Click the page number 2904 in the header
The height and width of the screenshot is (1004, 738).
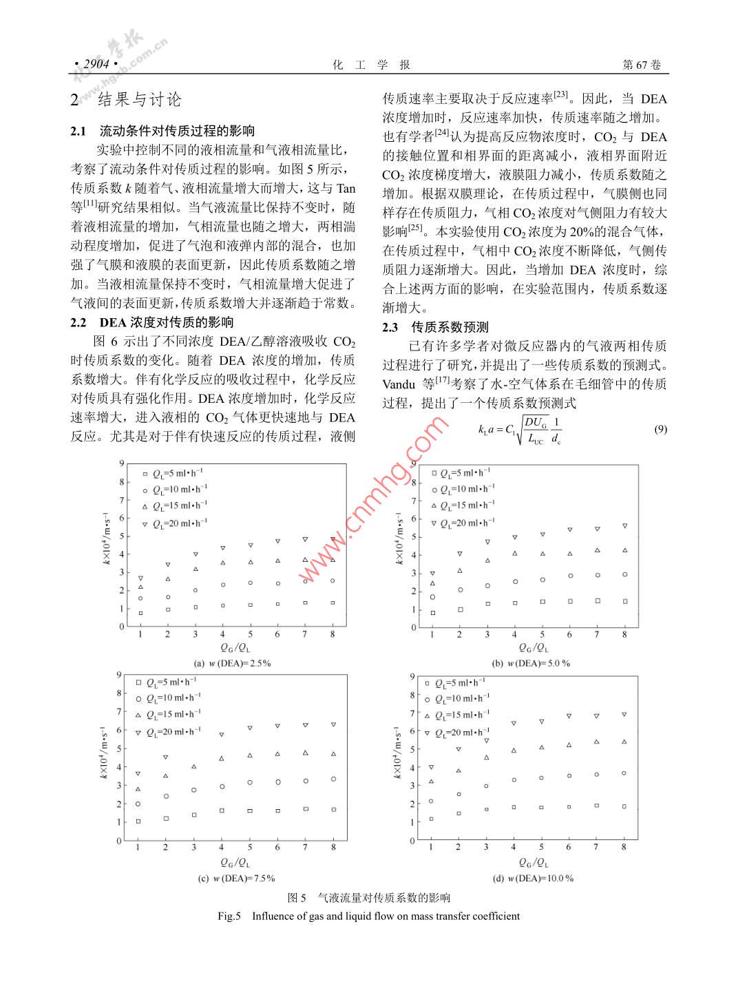point(96,64)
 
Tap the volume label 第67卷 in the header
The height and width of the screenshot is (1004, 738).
point(641,64)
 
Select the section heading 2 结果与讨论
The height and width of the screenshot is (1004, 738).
point(126,100)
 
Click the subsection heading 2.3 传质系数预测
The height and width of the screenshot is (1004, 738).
point(435,327)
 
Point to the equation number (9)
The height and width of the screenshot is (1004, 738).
point(660,429)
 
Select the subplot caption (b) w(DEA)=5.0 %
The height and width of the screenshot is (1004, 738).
point(531,663)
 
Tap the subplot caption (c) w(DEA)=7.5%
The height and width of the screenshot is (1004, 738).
point(235,878)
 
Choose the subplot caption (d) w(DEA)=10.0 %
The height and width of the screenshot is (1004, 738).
point(532,878)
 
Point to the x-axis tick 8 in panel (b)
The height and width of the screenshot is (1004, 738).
point(624,634)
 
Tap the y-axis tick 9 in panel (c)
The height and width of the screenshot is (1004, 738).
point(118,675)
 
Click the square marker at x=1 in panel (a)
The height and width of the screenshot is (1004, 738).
point(140,613)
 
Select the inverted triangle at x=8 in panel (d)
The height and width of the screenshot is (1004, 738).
point(624,715)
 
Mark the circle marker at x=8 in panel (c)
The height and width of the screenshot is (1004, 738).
point(333,779)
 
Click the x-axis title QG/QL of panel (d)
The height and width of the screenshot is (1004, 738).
point(527,862)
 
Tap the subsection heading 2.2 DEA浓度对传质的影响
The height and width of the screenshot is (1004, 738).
point(152,322)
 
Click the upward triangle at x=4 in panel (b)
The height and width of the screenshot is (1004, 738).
point(514,554)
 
